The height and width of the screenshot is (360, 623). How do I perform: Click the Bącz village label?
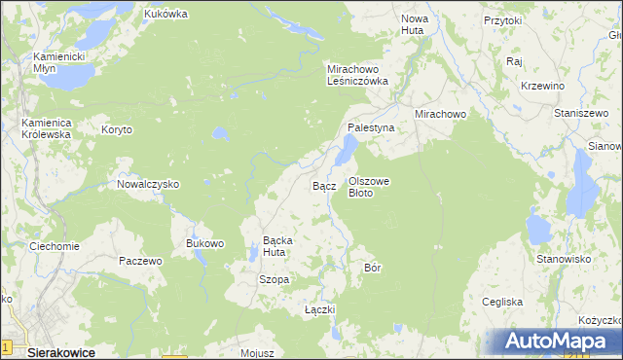point(324,185)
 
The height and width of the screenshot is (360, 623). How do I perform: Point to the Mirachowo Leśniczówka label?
point(357,76)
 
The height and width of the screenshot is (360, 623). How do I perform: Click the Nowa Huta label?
point(415,25)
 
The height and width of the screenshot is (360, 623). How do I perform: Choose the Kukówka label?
point(165,15)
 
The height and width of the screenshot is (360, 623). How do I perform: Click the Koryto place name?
point(116,128)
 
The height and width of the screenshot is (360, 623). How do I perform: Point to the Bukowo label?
point(205,243)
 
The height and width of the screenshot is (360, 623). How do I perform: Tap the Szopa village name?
point(274,280)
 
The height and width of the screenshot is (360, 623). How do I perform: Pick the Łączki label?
point(319,309)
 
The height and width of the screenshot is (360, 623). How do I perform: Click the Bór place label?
point(371,267)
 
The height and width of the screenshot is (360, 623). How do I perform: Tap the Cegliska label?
point(502,303)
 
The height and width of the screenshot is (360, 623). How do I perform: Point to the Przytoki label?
point(503,19)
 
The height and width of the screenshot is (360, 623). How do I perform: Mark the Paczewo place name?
point(140,262)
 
